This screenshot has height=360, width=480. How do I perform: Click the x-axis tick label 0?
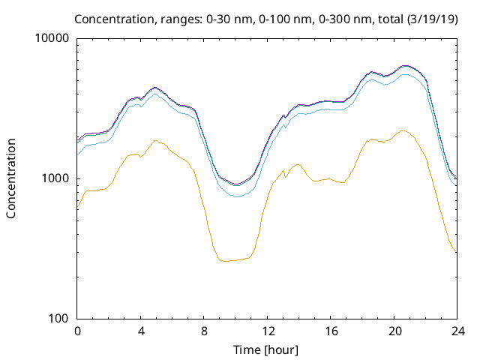(x=77, y=331)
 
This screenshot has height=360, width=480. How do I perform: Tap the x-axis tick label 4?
(x=141, y=331)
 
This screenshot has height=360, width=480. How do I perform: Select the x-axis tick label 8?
(x=204, y=331)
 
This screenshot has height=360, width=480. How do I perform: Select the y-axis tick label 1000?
(x=56, y=178)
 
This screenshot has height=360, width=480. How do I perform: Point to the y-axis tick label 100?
(x=59, y=319)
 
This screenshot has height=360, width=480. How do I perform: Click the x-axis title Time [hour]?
(x=267, y=349)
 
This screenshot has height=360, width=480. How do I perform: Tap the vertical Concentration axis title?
(x=11, y=178)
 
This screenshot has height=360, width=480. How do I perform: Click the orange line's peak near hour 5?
(x=156, y=140)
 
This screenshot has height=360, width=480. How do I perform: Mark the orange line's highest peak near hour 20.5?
(x=403, y=130)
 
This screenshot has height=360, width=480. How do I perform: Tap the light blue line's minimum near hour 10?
(x=236, y=196)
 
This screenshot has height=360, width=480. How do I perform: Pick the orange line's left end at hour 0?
(x=78, y=207)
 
